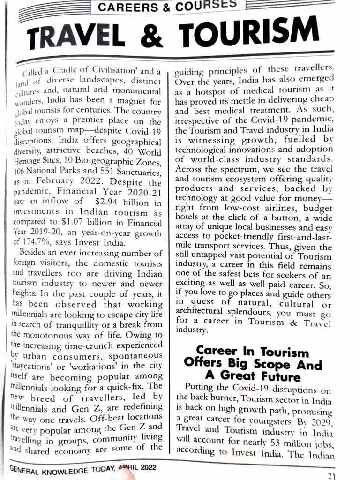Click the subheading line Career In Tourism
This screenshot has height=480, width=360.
252,352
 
